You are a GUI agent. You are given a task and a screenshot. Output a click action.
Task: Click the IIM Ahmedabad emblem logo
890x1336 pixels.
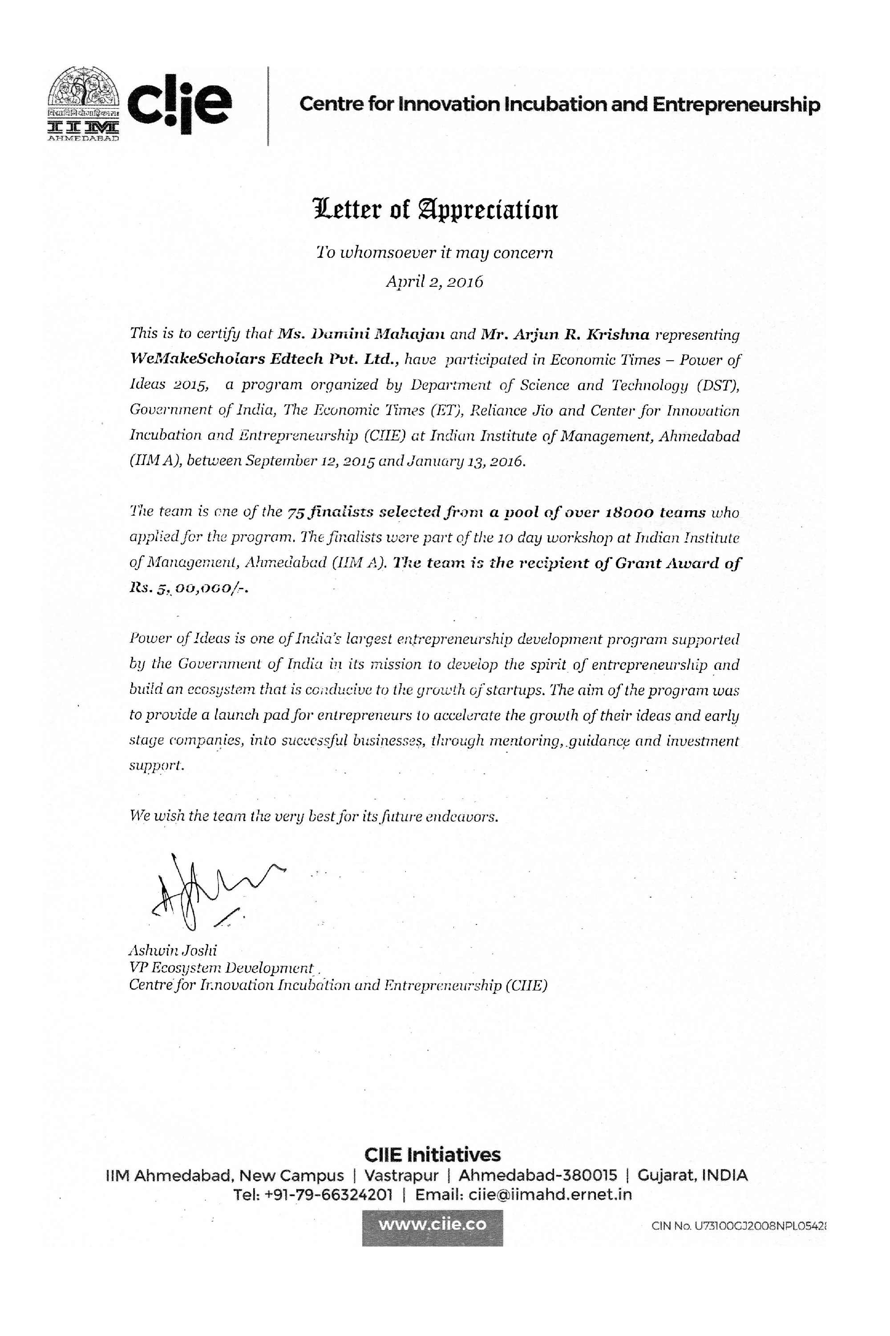(84, 104)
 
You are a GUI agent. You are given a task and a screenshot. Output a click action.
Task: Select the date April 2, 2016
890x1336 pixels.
(434, 282)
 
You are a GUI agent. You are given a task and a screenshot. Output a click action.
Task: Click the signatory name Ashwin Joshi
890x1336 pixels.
(173, 950)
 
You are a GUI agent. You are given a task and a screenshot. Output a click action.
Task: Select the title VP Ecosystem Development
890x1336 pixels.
(221, 967)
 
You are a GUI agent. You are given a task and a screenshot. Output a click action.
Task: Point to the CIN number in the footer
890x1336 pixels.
(738, 1226)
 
